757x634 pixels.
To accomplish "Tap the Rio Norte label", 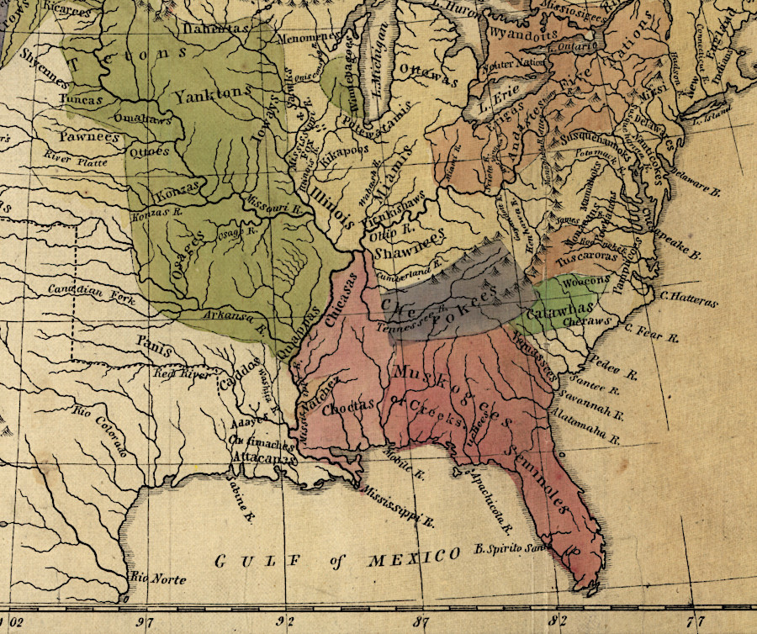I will (x=159, y=579).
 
